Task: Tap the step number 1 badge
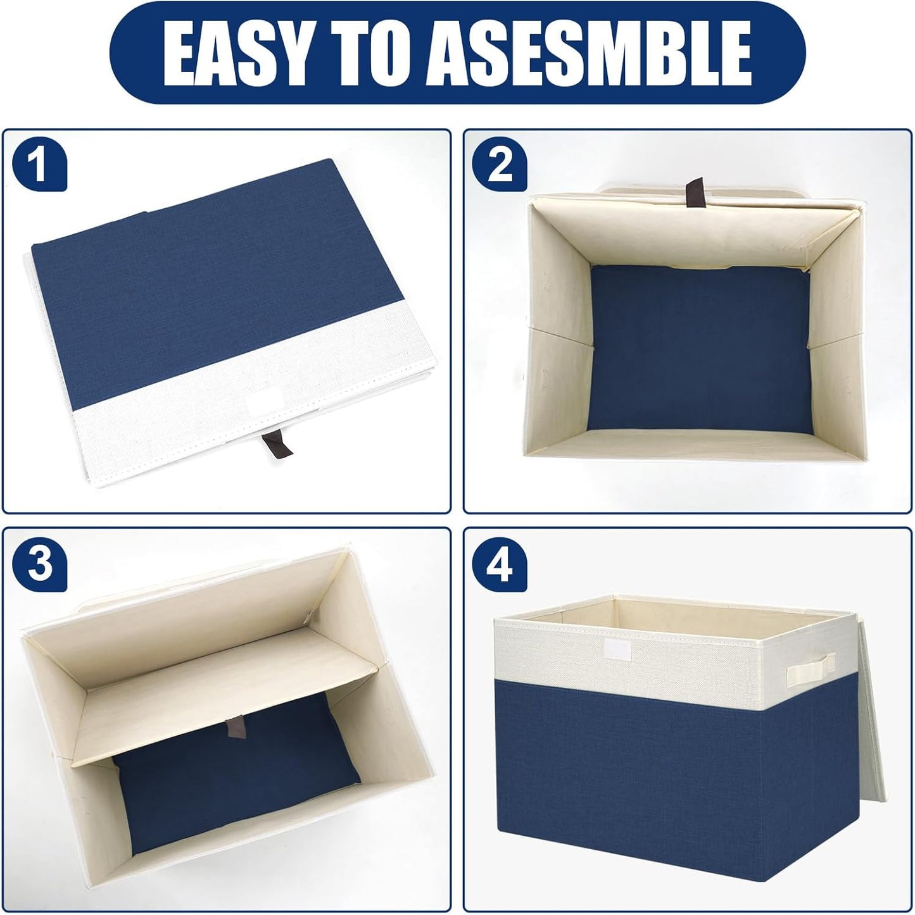[39, 167]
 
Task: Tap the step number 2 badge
[500, 167]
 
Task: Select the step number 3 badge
[39, 565]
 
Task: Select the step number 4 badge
[500, 565]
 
